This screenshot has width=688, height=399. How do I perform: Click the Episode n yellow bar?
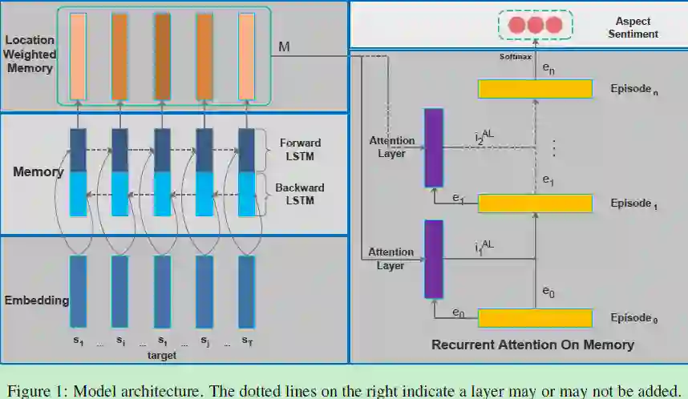pos(535,89)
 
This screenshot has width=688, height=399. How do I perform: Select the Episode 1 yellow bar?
pos(535,204)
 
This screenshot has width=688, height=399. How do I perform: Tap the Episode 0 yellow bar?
pos(535,318)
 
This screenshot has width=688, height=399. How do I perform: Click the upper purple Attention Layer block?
pos(433,148)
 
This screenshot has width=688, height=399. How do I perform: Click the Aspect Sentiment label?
pos(633,28)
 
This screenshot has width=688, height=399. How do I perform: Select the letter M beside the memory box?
pos(284,48)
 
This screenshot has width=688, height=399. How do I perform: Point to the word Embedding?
pos(35,301)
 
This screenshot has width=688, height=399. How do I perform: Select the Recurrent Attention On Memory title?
pos(532,345)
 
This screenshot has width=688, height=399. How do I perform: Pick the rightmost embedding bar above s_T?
pos(247,291)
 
